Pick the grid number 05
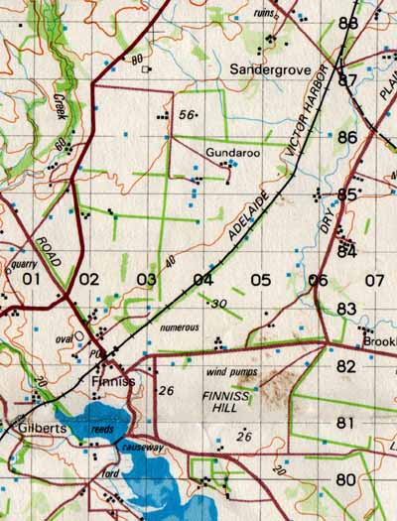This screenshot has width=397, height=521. pos(260,280)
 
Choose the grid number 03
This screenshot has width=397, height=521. pos(147,280)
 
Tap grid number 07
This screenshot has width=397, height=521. pos(373,280)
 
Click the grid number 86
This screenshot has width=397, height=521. pos(346,137)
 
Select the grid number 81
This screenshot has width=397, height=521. pos(345,423)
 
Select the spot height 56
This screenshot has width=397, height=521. pos(185,115)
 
